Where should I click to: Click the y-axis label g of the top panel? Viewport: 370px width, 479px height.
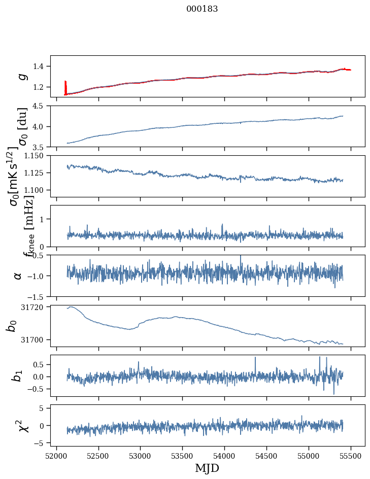coord(22,76)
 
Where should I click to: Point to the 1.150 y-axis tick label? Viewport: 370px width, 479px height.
coord(37,156)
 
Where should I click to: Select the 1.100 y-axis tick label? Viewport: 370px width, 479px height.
coord(37,190)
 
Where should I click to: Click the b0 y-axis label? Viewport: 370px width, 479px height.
coord(12,325)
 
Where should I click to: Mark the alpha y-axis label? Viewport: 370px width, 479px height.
coord(18,276)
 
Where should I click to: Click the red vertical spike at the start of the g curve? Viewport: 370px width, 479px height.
coord(65,87)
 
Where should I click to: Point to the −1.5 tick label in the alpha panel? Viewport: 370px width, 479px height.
coord(39,296)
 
